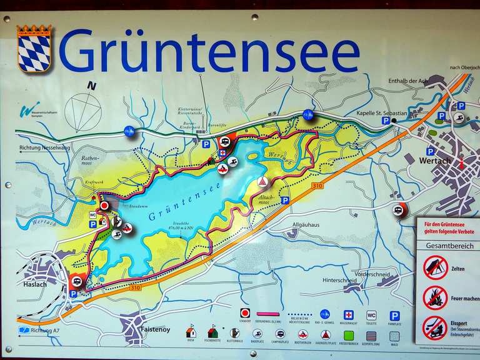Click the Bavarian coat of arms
(34, 49)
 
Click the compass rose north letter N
(92, 86)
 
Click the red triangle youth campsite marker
(263, 181)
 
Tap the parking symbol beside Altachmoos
(285, 201)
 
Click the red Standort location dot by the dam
(104, 205)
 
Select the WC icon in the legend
(371, 315)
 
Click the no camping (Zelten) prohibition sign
(435, 267)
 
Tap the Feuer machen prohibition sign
(435, 297)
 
